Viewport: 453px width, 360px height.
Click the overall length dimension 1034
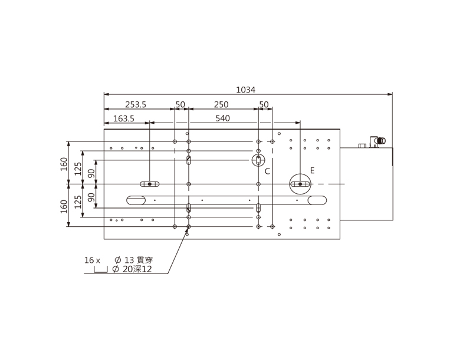pos(245,90)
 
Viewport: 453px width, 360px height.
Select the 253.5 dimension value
pos(136,104)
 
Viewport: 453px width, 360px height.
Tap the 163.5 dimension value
pos(124,118)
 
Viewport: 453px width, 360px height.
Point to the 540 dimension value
pos(223,118)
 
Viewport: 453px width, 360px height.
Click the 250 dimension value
pos(221,104)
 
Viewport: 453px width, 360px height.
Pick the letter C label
pos(267,171)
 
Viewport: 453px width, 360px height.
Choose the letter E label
pos(312,170)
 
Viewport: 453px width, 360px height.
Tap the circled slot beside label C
pos(258,160)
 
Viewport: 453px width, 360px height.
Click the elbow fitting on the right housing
pos(377,141)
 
